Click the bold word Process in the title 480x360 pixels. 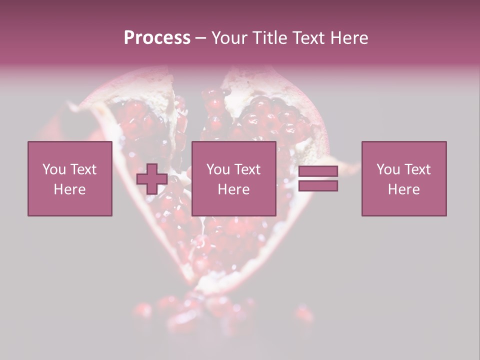tap(157, 38)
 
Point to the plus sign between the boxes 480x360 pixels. tap(152, 179)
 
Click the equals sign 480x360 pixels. tap(318, 178)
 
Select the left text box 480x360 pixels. tap(70, 178)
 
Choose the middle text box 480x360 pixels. tap(234, 178)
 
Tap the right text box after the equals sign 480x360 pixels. tap(404, 178)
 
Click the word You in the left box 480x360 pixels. tap(53, 169)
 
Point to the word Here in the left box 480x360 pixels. tap(69, 189)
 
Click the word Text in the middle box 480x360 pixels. tap(247, 169)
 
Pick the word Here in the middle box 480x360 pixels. tap(233, 189)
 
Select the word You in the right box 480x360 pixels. tap(387, 169)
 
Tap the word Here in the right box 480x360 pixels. tap(403, 189)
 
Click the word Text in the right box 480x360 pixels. tap(417, 169)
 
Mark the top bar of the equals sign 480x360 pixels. tap(318, 171)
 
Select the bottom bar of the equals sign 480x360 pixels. tap(318, 185)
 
